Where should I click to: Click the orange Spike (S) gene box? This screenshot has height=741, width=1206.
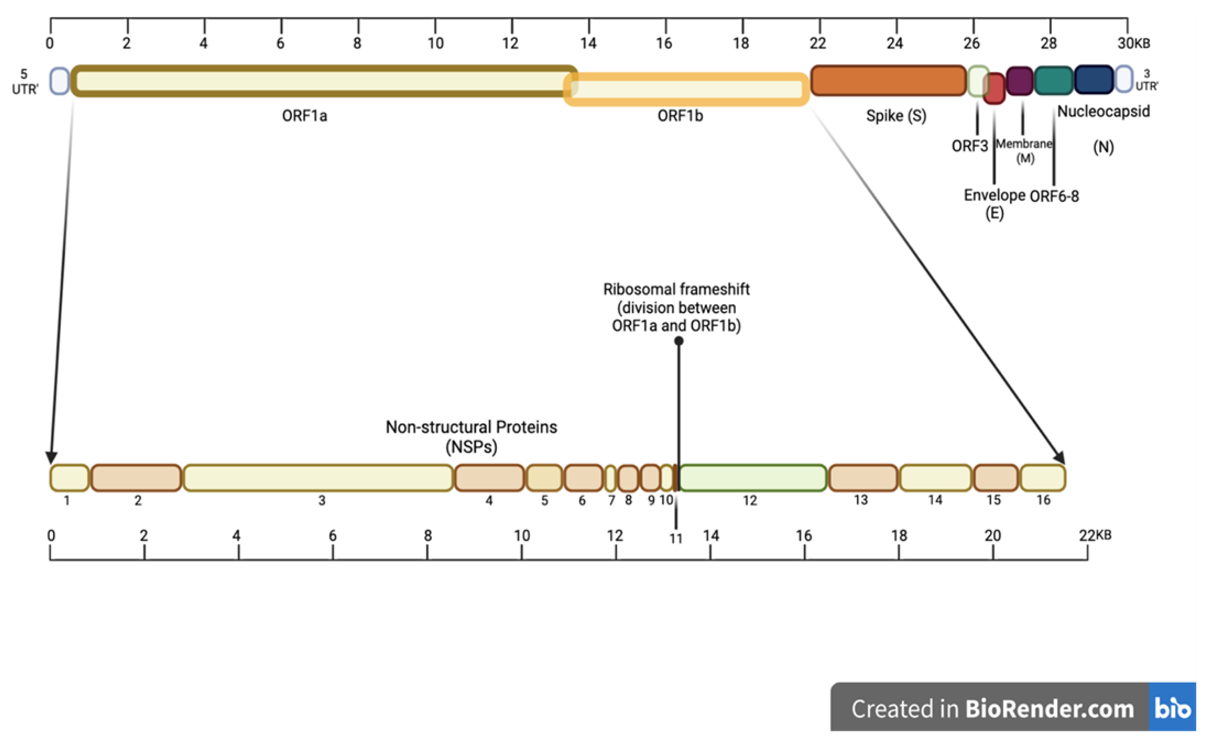888,81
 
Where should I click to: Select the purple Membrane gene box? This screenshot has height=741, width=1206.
1020,81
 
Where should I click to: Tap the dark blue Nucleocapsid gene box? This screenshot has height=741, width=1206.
1093,79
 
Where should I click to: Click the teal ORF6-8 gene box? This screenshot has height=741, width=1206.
1054,81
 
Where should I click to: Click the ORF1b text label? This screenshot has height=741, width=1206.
680,116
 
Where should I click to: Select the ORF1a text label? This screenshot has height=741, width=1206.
304,116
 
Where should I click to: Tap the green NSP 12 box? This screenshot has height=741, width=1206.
753,478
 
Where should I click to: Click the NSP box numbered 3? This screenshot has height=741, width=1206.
318,478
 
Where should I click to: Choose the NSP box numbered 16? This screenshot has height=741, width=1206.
1043,478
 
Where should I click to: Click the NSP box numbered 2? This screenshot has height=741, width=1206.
136,478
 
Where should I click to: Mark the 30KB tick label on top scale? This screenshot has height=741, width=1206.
1133,44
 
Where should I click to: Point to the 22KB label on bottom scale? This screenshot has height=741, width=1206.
1095,535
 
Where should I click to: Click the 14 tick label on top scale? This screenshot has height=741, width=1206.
588,44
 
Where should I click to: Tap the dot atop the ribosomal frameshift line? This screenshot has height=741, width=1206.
679,341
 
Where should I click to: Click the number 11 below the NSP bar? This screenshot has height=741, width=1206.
676,538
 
